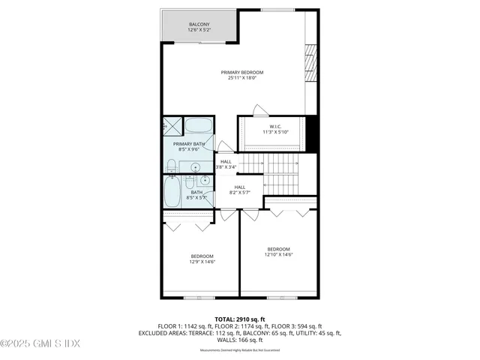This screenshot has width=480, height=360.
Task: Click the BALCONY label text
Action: coord(199,25)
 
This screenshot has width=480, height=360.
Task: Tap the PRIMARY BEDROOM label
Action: coord(241,73)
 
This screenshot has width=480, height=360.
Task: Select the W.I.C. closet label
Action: coord(275,126)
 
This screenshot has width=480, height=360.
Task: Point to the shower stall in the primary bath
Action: coord(172,125)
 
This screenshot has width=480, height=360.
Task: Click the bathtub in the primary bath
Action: coord(199,125)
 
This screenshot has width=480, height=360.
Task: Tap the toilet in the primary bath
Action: coord(171,165)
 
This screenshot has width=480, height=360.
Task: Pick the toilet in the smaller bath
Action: coord(190,181)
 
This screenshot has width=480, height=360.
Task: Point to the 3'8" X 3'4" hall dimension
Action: coord(226,167)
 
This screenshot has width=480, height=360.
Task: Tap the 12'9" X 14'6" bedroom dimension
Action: coord(202,262)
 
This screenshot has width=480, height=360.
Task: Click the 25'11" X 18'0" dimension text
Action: coord(241,79)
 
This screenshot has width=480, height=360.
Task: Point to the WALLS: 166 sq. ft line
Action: coord(240,340)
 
